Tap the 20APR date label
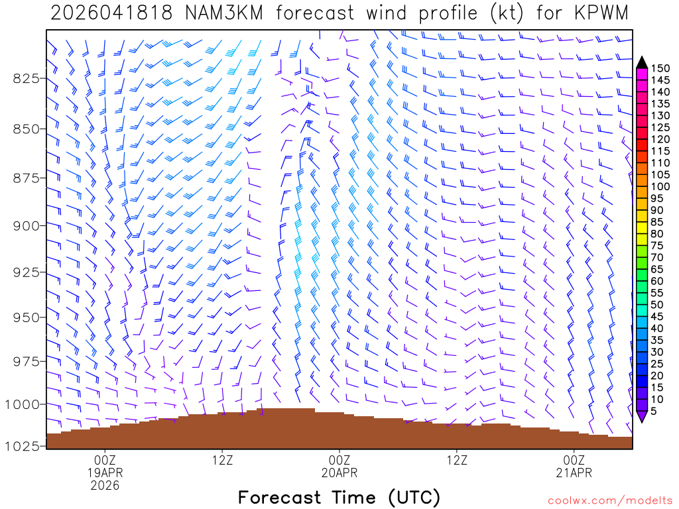pos(339,473)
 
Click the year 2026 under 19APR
pos(105,485)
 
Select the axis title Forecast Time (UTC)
pos(339,497)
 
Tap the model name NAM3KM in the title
pos(214,13)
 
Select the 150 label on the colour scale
pos(661,68)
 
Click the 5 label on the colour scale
pos(655,411)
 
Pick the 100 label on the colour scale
pos(661,186)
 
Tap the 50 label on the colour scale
pos(658,304)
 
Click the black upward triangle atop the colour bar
pos(641,62)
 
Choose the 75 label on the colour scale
pos(658,245)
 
